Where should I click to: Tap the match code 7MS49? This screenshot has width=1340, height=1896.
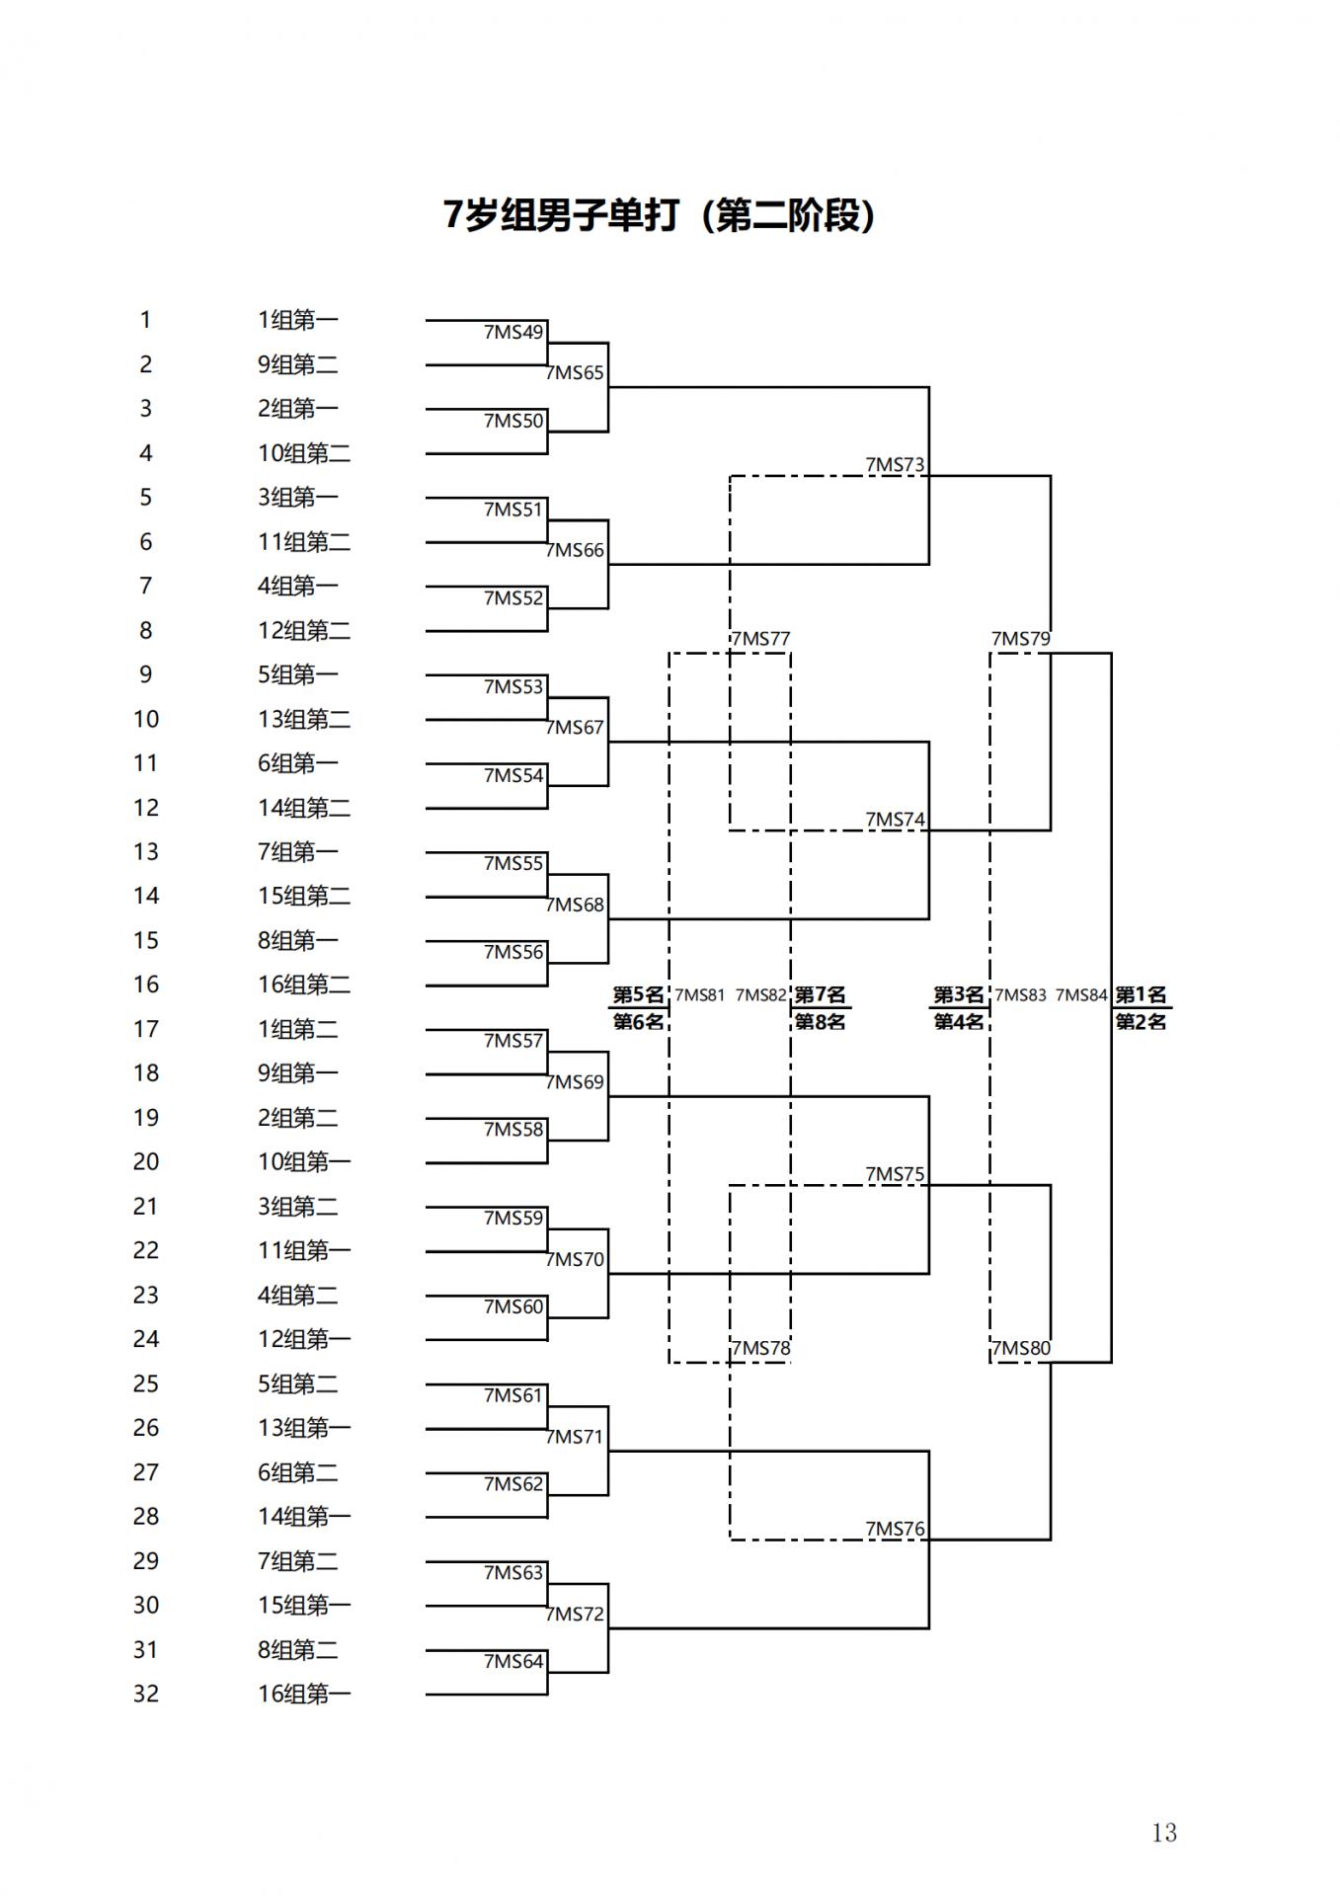[513, 333]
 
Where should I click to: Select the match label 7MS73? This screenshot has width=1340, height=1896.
[895, 465]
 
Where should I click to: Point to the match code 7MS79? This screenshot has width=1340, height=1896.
[1020, 639]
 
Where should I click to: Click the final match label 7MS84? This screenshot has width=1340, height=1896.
[1081, 995]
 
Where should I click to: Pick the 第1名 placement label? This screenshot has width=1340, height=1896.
[1141, 994]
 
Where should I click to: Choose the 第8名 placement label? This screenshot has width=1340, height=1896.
[820, 1022]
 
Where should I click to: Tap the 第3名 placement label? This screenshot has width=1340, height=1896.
[958, 994]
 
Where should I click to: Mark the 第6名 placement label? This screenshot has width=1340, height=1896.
[638, 1022]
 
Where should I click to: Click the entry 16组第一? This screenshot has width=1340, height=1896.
[304, 1695]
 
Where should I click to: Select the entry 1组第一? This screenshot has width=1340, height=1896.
[297, 320]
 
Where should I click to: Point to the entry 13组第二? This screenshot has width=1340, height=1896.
[304, 719]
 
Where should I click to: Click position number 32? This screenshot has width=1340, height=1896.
[146, 1695]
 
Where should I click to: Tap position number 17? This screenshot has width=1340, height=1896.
[146, 1029]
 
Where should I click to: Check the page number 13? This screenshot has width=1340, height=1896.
[1163, 1833]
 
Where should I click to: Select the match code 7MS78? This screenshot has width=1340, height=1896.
[760, 1349]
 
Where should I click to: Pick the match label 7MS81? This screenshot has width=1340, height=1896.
[699, 995]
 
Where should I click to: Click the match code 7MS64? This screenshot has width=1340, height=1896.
[513, 1662]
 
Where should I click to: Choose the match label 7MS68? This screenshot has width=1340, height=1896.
[575, 906]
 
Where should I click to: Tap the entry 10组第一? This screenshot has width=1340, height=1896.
[304, 1162]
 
